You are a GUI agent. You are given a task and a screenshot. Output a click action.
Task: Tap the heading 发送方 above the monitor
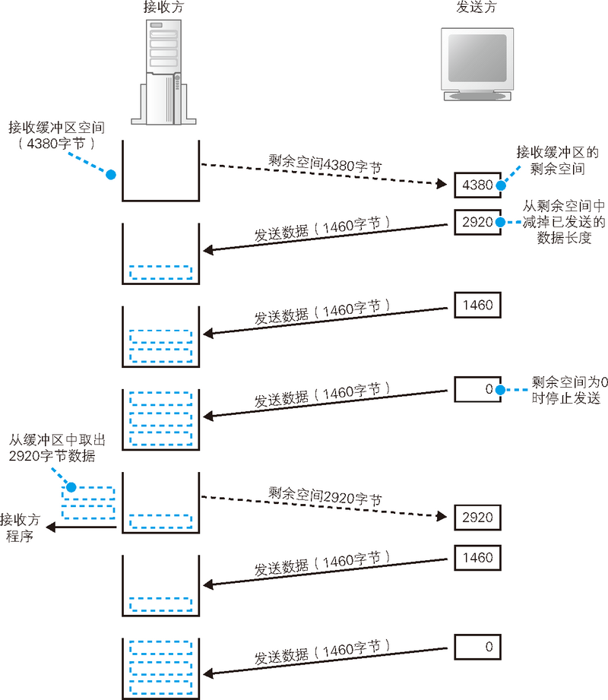[x=474, y=9]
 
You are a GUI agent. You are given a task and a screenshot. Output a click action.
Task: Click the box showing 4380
[x=477, y=184]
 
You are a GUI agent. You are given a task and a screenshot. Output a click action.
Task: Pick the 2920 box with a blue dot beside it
[x=477, y=222]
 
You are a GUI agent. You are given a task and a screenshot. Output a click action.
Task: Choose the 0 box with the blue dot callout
[x=477, y=389]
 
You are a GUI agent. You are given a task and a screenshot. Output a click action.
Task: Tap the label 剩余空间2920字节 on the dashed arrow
[x=325, y=496]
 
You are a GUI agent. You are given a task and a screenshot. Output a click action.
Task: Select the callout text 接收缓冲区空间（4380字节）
[x=52, y=134]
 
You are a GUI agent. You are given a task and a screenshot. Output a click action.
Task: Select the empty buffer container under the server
[x=160, y=171]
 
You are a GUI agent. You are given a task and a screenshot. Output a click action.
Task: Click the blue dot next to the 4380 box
[x=501, y=184]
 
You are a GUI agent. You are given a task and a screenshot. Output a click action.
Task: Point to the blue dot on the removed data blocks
[x=70, y=486]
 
